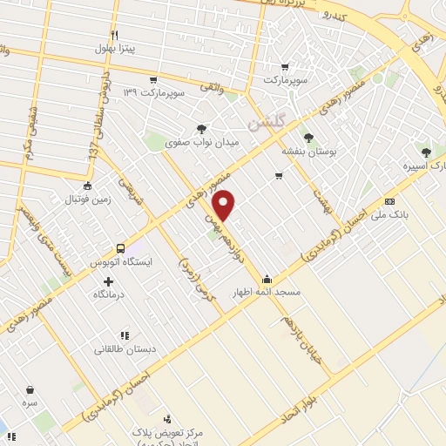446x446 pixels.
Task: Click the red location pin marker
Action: click(x=225, y=205)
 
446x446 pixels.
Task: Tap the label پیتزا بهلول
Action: click(x=114, y=49)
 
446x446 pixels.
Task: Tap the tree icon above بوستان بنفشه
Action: click(x=308, y=136)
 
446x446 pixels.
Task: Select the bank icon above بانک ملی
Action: click(x=390, y=200)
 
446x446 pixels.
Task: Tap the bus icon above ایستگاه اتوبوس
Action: click(x=119, y=247)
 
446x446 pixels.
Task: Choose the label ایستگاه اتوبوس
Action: click(x=122, y=261)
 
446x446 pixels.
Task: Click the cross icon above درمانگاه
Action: click(x=108, y=281)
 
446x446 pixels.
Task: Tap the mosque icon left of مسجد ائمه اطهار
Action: click(x=267, y=280)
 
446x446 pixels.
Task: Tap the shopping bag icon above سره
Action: click(x=31, y=390)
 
